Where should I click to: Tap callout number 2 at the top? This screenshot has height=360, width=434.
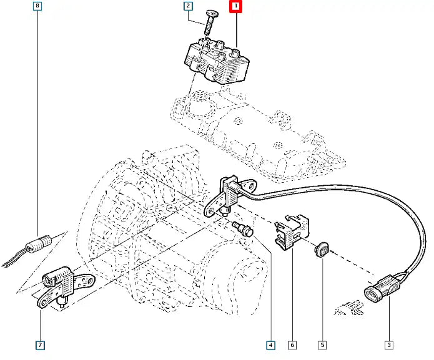187,7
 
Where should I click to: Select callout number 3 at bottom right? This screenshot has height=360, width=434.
388,344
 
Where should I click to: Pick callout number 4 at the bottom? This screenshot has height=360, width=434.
270,344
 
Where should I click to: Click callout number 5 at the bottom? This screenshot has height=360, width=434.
322,344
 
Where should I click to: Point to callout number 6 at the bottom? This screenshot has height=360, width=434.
292,344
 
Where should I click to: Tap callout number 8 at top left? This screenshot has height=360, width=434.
39,7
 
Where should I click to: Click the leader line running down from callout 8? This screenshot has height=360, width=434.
39,125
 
